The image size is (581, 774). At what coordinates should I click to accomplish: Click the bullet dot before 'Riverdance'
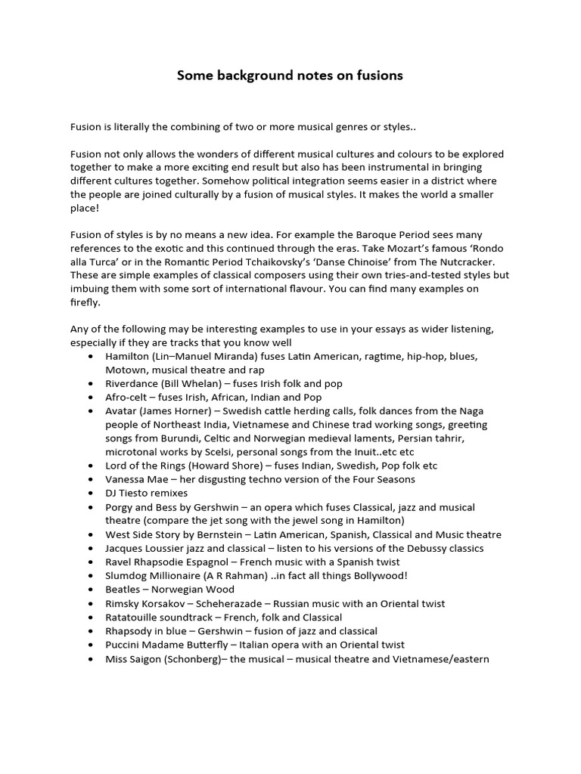pos(92,384)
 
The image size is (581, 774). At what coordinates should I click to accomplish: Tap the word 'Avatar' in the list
pos(121,411)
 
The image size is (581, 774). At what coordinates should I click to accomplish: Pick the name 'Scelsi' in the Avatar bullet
pos(216,452)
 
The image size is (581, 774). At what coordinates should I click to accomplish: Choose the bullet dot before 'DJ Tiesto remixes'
pos(92,493)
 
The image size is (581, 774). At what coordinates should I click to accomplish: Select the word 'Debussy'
pos(409,548)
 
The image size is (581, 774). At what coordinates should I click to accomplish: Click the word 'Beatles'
pos(123,590)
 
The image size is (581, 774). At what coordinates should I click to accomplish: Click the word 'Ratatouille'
pos(132,617)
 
